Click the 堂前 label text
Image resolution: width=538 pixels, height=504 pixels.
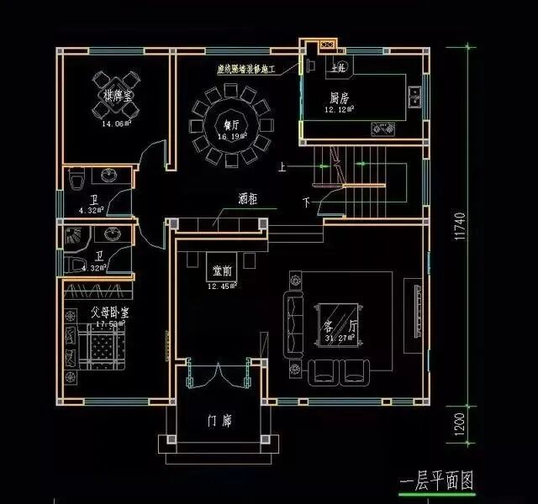pos(223,271)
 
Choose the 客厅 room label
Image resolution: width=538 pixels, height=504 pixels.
pos(335,325)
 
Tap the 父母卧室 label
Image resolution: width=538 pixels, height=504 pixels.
pos(109,313)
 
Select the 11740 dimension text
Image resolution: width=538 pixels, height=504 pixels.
pos(459,227)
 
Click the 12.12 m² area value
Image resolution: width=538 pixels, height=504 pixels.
pos(340,109)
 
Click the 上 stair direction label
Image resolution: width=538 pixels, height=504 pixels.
pos(283,167)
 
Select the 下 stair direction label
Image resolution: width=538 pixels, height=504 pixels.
pos(306,202)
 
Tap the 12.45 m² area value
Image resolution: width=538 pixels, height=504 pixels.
pos(223,286)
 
